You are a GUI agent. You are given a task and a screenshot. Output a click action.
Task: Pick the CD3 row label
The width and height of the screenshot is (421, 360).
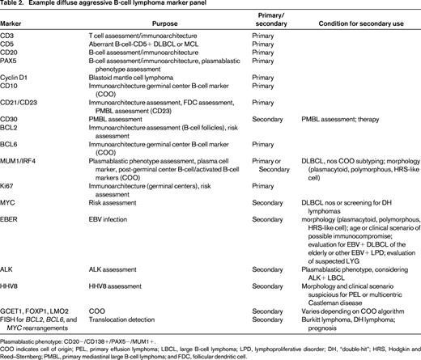10,40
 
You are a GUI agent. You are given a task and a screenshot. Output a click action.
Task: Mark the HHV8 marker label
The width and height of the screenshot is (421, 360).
12,269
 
